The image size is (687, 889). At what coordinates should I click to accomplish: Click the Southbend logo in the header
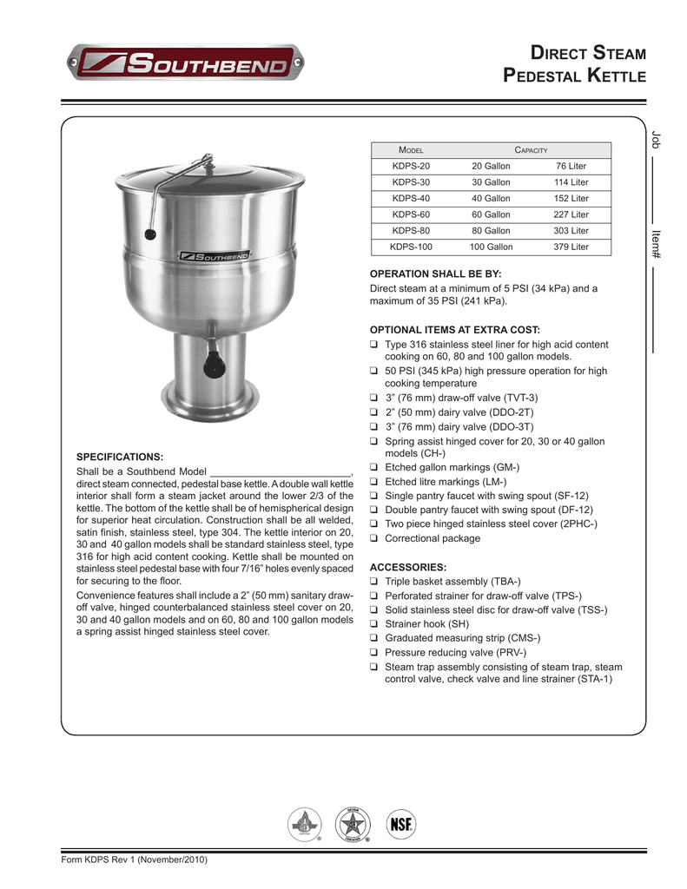pos(186,64)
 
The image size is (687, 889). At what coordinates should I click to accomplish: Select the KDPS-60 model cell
pos(411,214)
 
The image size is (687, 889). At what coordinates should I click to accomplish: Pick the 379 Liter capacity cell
pos(571,247)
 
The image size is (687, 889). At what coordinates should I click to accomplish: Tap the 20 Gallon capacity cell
pos(491,166)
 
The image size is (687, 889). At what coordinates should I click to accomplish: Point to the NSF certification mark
pos(400,823)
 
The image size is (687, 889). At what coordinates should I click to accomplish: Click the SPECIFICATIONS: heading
pos(120,456)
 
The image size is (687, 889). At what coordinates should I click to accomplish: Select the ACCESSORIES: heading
pos(408,566)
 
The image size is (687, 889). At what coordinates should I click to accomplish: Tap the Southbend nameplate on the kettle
pos(214,256)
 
